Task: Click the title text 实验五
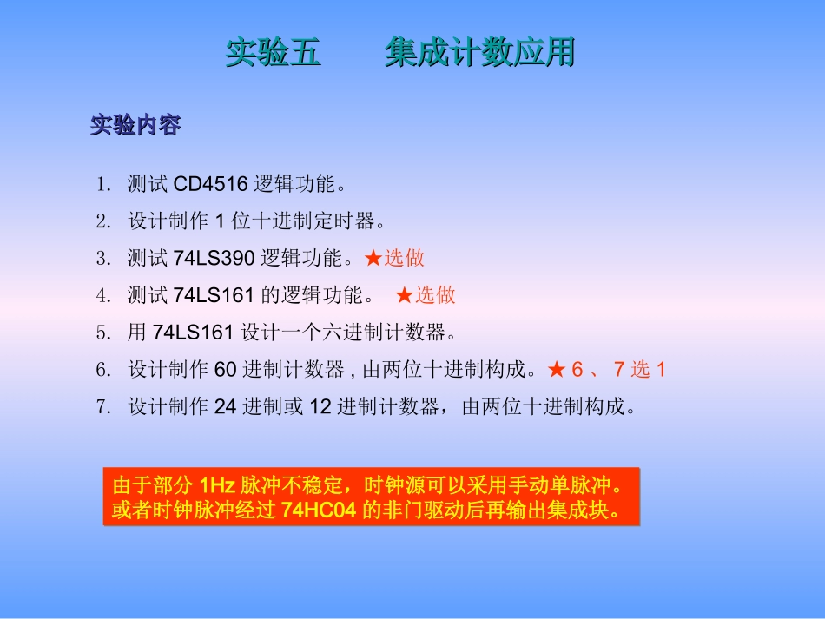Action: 274,53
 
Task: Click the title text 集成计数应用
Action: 479,53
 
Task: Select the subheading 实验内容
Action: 135,126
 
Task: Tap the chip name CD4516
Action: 211,184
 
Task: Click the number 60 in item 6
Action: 225,370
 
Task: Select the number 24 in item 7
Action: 225,406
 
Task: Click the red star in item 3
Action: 373,258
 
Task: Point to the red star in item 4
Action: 404,295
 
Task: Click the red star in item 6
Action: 557,370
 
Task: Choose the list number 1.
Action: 103,184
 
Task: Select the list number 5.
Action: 103,333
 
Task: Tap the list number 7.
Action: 103,406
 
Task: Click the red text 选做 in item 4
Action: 435,295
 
